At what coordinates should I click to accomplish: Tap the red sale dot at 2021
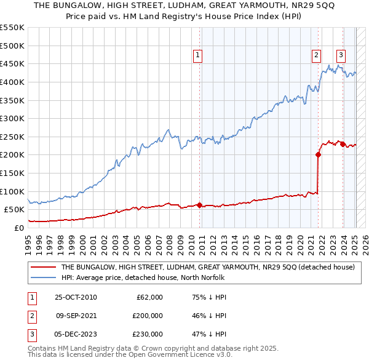point(319,155)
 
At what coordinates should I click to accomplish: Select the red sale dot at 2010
point(200,205)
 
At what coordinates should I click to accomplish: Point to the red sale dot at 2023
point(343,144)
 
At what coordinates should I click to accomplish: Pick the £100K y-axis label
point(12,191)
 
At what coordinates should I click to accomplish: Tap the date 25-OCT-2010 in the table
point(76,297)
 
